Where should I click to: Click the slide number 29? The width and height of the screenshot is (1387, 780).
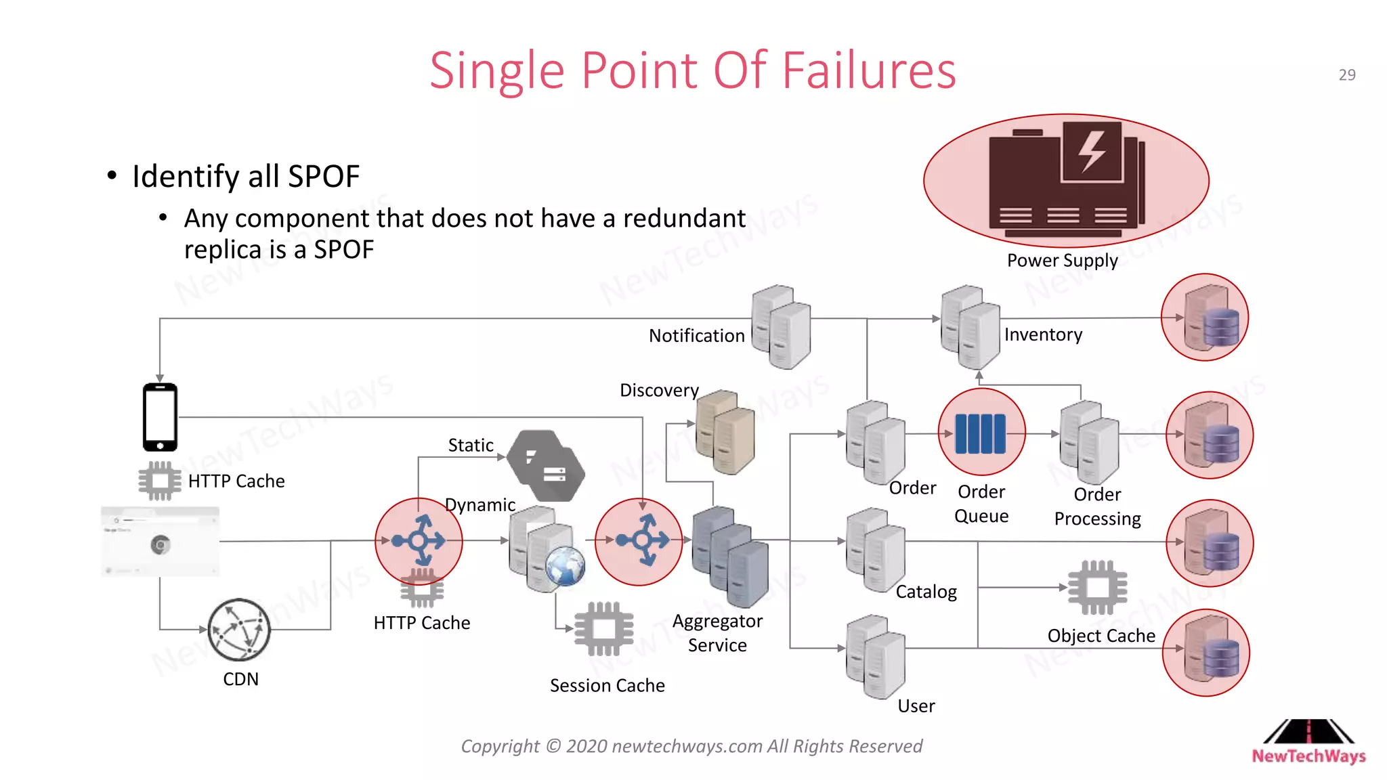tap(1346, 75)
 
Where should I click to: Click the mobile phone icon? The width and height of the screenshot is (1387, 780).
tap(160, 417)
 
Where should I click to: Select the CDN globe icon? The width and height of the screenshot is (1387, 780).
tap(239, 630)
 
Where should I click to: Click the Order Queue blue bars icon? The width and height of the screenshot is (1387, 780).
tap(981, 433)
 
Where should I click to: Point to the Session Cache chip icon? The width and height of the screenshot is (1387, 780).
tap(603, 629)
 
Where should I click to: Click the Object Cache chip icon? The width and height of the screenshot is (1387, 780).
tap(1097, 587)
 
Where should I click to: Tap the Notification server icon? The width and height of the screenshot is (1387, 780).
tap(781, 326)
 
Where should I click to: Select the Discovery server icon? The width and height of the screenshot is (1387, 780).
tap(725, 432)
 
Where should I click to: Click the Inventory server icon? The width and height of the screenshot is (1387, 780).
tap(970, 326)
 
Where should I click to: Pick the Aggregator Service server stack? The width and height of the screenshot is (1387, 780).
tap(730, 556)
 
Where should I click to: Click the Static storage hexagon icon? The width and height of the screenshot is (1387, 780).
tap(546, 466)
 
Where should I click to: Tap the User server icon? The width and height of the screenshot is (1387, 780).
tap(876, 656)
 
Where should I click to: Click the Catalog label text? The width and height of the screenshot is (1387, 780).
tap(926, 592)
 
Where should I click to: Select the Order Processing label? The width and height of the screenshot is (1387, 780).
tap(1097, 506)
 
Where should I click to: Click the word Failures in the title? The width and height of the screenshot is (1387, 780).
tap(868, 70)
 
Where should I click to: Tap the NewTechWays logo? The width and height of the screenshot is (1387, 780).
tap(1308, 742)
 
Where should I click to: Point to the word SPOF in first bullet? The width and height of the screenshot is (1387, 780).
tap(323, 177)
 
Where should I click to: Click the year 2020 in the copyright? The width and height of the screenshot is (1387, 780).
tap(586, 746)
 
